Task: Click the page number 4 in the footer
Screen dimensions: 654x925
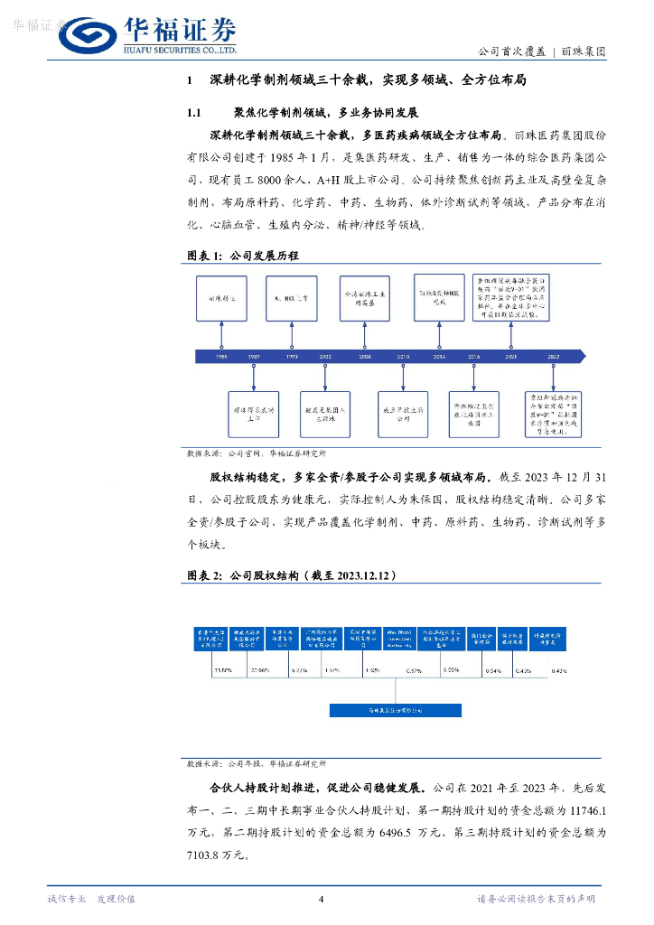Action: [x=322, y=898]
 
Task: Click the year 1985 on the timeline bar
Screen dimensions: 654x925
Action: [x=221, y=357]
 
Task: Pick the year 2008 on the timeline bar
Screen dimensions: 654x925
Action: [x=364, y=357]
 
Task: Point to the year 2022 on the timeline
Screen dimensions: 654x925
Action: [x=553, y=357]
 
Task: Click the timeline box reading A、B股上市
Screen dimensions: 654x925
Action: [x=292, y=296]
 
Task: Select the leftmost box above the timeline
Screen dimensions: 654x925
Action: [x=221, y=296]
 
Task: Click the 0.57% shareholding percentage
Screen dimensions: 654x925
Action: [x=414, y=671]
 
